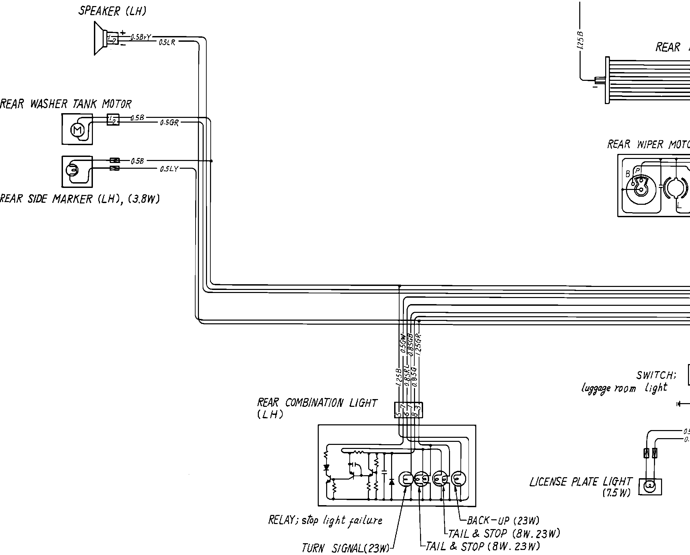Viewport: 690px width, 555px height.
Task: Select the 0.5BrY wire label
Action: pyautogui.click(x=141, y=37)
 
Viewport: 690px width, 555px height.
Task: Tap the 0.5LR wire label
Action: pyautogui.click(x=167, y=43)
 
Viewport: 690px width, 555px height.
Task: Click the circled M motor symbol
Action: pyautogui.click(x=77, y=130)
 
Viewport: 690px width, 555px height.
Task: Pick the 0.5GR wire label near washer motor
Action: pyautogui.click(x=169, y=123)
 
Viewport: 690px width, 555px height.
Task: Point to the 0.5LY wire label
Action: pyautogui.click(x=169, y=169)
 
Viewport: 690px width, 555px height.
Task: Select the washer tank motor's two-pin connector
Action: pyautogui.click(x=112, y=120)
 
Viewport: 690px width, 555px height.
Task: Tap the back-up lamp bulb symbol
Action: pyautogui.click(x=459, y=479)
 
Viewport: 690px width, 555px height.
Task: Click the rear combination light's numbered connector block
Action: pyautogui.click(x=408, y=410)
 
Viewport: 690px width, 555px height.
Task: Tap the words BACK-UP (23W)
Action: pyautogui.click(x=503, y=520)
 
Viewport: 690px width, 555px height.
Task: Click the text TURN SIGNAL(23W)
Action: pyautogui.click(x=345, y=548)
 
